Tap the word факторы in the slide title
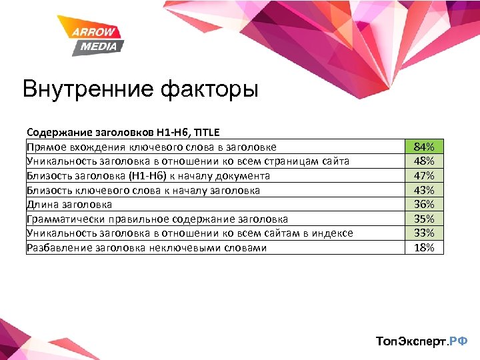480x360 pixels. (x=213, y=89)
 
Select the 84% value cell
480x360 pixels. (x=424, y=147)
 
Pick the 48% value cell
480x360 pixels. (x=424, y=161)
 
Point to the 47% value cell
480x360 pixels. (x=424, y=175)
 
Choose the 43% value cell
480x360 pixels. (x=424, y=190)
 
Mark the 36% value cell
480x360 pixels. (x=424, y=204)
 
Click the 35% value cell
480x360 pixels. (x=424, y=219)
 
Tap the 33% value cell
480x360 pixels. (x=424, y=233)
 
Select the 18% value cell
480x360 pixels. (x=424, y=247)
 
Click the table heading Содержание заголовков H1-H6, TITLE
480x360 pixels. (x=123, y=133)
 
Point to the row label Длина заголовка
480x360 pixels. (x=69, y=205)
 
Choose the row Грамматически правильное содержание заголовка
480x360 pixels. (x=157, y=219)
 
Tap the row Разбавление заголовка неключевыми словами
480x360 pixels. (x=146, y=248)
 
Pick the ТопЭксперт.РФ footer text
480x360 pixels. (x=421, y=341)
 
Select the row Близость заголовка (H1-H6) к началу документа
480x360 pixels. (x=148, y=176)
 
